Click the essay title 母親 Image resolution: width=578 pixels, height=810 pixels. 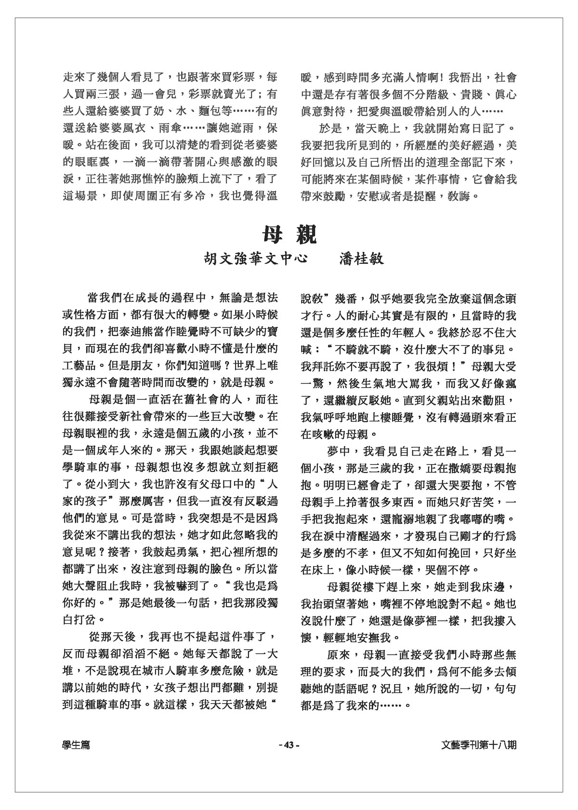pyautogui.click(x=289, y=235)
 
